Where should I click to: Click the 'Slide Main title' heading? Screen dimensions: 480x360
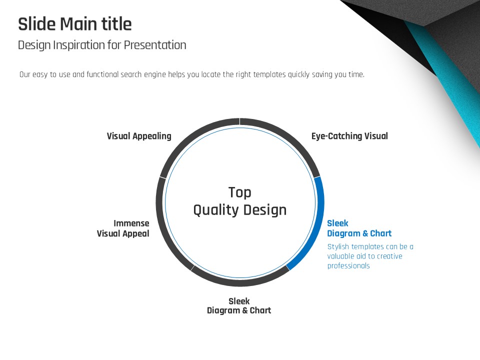(x=75, y=24)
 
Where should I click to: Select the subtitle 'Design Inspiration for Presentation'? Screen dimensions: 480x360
(x=102, y=45)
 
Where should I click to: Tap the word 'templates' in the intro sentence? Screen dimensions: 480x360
(x=269, y=74)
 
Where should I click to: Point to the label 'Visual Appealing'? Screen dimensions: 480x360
(x=139, y=136)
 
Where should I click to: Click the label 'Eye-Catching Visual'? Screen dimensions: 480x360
(x=349, y=136)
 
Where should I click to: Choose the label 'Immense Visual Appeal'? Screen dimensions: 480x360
(x=123, y=228)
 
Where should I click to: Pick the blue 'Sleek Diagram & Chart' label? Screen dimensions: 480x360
(x=359, y=228)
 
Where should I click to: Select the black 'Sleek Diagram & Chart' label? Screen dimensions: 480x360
(x=239, y=305)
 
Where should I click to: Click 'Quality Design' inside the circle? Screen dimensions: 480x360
(x=239, y=210)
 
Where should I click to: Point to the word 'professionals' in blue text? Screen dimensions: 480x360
(x=348, y=265)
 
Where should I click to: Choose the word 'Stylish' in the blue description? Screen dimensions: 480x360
(x=338, y=247)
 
